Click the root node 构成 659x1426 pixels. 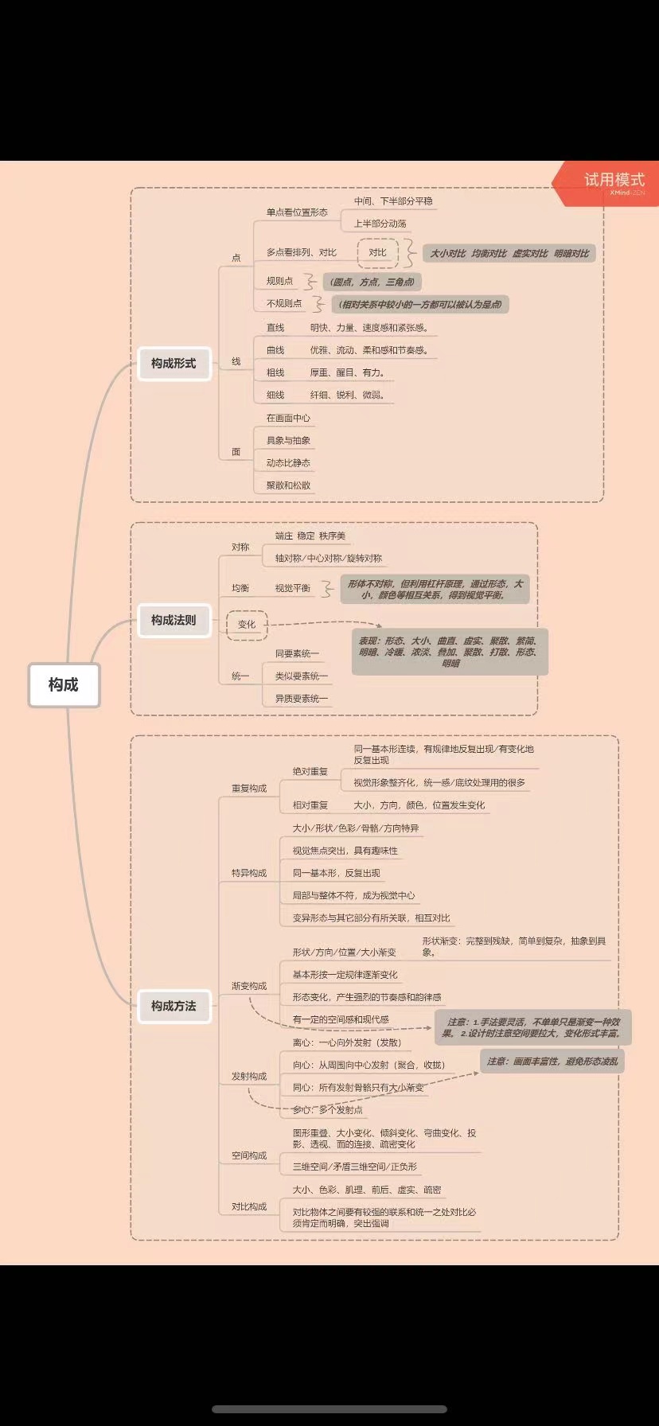[64, 684]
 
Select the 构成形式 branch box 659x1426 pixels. [174, 364]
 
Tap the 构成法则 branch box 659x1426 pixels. [174, 620]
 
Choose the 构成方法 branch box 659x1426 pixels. [174, 1006]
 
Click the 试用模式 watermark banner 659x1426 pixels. [613, 182]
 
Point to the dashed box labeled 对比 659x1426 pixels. [377, 252]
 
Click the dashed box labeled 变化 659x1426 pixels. [247, 624]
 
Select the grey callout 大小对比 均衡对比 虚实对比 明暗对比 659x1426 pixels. [509, 253]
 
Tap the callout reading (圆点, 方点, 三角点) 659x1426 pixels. [372, 282]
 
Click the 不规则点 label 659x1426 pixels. [284, 303]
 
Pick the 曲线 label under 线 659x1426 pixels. [275, 350]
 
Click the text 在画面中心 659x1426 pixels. [288, 418]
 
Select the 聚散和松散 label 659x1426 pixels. [288, 485]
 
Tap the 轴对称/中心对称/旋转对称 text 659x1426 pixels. [329, 558]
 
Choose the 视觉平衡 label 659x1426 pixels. [292, 588]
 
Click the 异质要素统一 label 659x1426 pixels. [301, 698]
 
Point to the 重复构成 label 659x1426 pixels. [249, 788]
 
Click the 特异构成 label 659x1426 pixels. [249, 873]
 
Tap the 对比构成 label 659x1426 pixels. [249, 1206]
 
